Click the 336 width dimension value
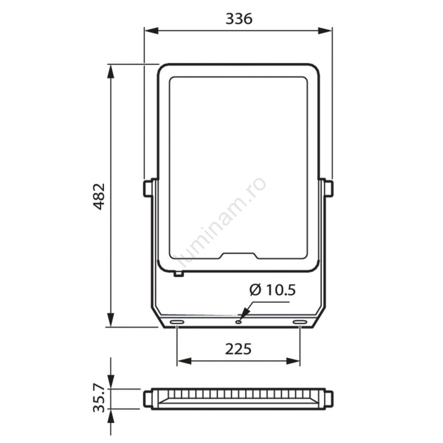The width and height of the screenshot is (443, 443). point(239,19)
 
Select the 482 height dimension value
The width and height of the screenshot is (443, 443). point(99,196)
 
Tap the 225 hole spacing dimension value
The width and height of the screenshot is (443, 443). point(238,349)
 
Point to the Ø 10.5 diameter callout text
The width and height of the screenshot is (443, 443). point(272,290)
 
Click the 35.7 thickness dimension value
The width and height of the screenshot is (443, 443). point(99,399)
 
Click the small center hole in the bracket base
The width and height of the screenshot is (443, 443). point(239,322)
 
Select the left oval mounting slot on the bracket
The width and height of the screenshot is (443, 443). point(177,322)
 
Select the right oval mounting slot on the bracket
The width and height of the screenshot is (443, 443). point(300,322)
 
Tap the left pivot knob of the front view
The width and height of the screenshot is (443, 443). point(148,188)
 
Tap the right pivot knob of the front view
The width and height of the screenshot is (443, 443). point(329,188)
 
